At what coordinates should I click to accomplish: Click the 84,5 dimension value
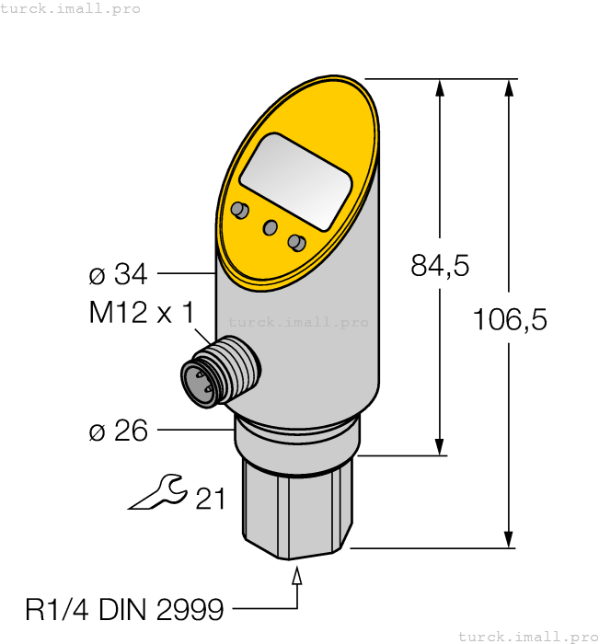pos(439,267)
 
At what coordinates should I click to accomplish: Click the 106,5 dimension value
pos(509,319)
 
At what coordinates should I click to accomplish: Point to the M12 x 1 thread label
pos(142,313)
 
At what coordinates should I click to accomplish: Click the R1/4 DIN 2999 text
pos(124,609)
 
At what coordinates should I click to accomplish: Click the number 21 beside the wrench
pos(210,499)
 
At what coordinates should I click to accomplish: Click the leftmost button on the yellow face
pos(240,211)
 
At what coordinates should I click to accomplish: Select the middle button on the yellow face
pos(271,227)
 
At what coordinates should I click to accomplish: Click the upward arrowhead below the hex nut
pos(297,577)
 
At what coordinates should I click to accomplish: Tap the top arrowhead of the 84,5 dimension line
pos(440,88)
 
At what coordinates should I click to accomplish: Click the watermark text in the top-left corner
pos(71,8)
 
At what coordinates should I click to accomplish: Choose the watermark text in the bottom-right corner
pos(527,636)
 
